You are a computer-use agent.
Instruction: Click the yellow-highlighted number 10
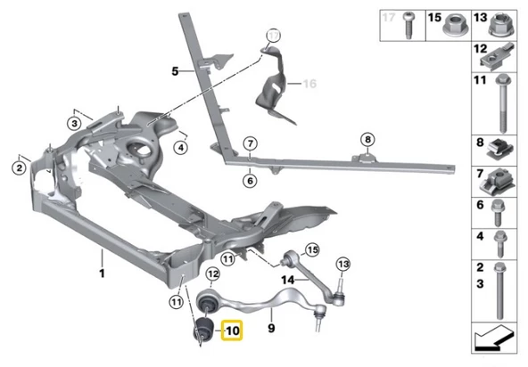[232, 330]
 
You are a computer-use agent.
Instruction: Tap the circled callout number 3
[74, 124]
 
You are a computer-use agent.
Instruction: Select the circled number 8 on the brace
[367, 139]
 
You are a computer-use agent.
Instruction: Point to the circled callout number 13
[343, 265]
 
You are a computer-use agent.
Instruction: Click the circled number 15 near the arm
[312, 250]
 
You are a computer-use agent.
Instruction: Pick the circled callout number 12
[213, 274]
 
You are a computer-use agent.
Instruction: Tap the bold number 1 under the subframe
[102, 273]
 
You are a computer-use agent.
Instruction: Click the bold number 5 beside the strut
[175, 71]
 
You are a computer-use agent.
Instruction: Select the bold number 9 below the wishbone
[271, 328]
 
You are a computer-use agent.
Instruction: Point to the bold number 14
[288, 280]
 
